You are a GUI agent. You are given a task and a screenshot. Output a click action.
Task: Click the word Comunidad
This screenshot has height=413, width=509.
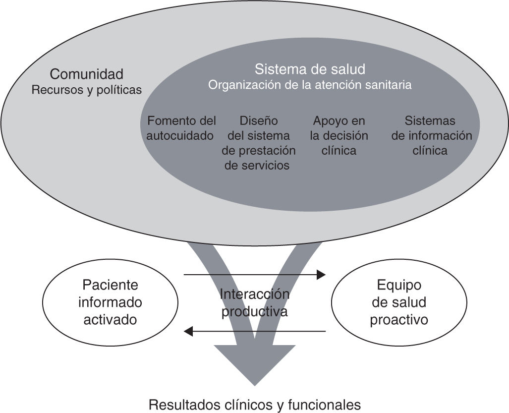click(x=87, y=74)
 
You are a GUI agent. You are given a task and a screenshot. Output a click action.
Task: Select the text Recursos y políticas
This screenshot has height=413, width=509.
click(x=87, y=90)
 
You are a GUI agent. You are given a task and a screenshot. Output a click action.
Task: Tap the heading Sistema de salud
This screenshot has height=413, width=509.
click(x=310, y=69)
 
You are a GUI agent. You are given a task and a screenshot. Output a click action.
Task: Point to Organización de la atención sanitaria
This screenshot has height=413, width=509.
click(x=310, y=85)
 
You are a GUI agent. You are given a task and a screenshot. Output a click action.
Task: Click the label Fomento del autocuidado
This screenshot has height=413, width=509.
click(x=181, y=128)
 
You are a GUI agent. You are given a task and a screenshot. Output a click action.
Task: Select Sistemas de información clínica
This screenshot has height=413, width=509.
click(x=430, y=135)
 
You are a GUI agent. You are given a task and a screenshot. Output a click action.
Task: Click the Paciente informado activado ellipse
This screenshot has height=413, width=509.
click(x=110, y=303)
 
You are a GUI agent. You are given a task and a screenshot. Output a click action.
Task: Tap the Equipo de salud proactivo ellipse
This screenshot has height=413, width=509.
click(x=398, y=303)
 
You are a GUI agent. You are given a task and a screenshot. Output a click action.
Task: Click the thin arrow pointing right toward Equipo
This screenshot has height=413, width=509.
click(x=255, y=274)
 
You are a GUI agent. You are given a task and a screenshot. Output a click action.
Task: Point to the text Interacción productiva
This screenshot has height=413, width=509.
click(x=255, y=303)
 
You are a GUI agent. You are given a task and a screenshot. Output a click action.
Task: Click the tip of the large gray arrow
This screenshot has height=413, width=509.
click(x=255, y=383)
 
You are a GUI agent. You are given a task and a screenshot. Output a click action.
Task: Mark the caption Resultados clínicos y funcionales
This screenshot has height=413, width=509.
click(x=255, y=404)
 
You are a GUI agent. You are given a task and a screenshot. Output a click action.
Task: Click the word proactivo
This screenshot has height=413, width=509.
click(x=399, y=320)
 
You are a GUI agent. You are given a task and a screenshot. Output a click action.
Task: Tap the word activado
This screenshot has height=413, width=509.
click(x=110, y=320)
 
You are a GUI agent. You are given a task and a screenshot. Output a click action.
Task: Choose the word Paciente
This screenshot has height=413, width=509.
click(x=110, y=286)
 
